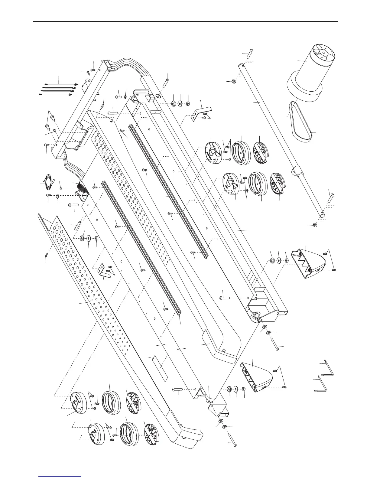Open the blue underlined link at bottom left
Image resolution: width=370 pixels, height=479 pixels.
[60, 476]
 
